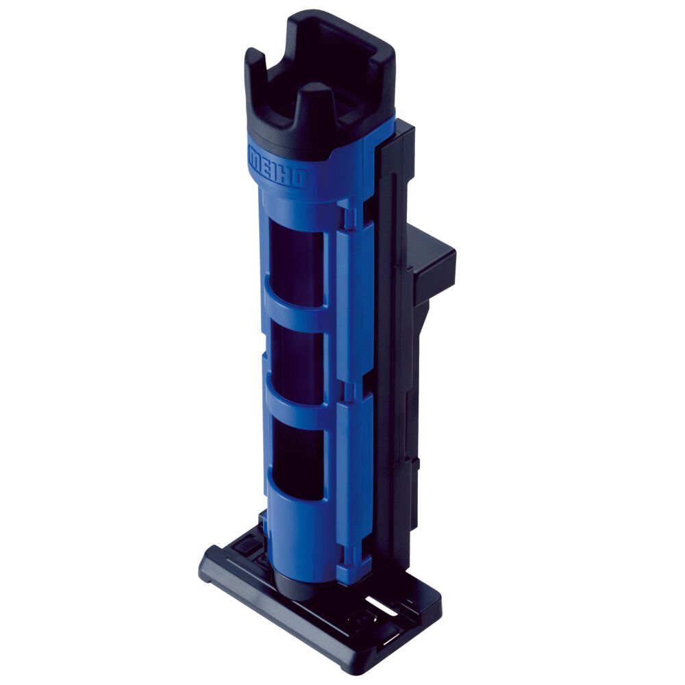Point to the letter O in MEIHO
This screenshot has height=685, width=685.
click(x=301, y=179)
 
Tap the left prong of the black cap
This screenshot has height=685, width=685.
click(x=257, y=66)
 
